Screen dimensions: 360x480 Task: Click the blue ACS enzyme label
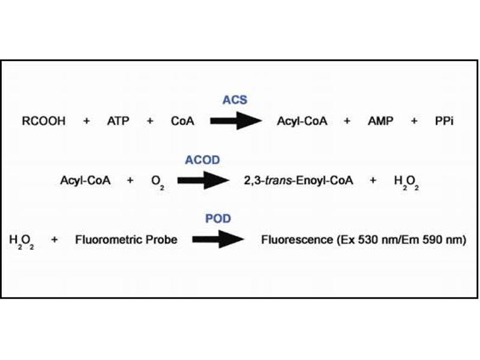coord(235,100)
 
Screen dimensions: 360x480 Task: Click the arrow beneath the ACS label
coord(236,121)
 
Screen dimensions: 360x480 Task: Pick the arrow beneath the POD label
coord(218,239)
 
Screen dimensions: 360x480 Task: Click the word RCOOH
coord(44,121)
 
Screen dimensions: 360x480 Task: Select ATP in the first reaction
coord(118,121)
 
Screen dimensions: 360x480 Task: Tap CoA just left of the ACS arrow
coord(182,121)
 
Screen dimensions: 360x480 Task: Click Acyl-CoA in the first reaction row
coord(302,121)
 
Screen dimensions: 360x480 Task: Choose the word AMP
coord(380,121)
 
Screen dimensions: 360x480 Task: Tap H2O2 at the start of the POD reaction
coord(22,241)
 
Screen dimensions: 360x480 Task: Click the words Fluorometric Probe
coord(126,240)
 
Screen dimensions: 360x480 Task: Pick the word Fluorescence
coord(296,240)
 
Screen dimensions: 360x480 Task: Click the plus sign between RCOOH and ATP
coord(86,121)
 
